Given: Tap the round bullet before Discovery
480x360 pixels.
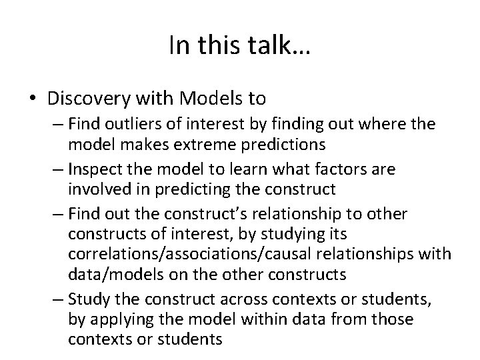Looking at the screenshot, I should [32, 99].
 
